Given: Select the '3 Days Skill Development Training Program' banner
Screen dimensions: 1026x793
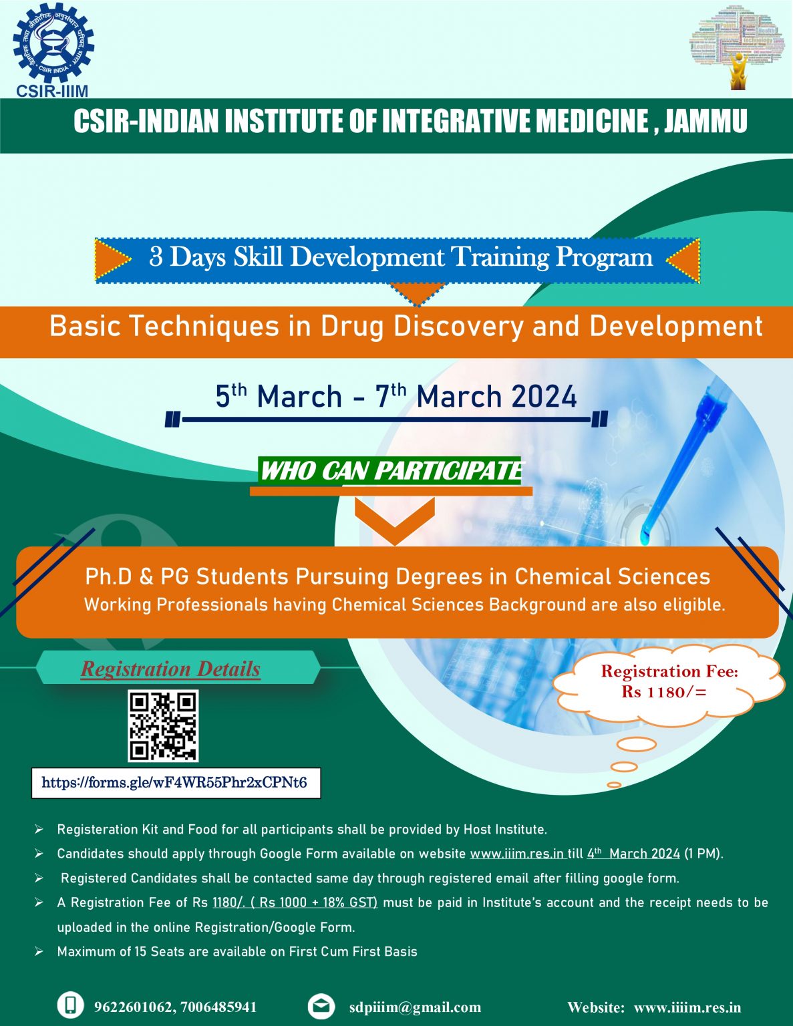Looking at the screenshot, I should click(x=400, y=258).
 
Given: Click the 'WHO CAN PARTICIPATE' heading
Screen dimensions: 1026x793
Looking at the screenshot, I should click(x=391, y=471).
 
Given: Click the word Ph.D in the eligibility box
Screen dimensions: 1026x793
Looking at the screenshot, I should click(x=109, y=576).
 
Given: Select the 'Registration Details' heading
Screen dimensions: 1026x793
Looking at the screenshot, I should click(x=170, y=669).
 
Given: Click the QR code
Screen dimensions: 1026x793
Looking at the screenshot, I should click(x=163, y=725).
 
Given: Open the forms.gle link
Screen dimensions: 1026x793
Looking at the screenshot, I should click(x=174, y=783).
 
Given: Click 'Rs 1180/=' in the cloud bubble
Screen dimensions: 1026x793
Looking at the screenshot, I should click(x=663, y=691).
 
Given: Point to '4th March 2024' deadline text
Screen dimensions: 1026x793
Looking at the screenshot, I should click(x=633, y=854).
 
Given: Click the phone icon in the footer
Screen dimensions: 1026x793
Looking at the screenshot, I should click(x=71, y=1006).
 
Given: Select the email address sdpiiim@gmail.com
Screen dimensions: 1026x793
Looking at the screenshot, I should click(x=415, y=1007).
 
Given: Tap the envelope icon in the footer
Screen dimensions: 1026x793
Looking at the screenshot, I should click(x=321, y=1006).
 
